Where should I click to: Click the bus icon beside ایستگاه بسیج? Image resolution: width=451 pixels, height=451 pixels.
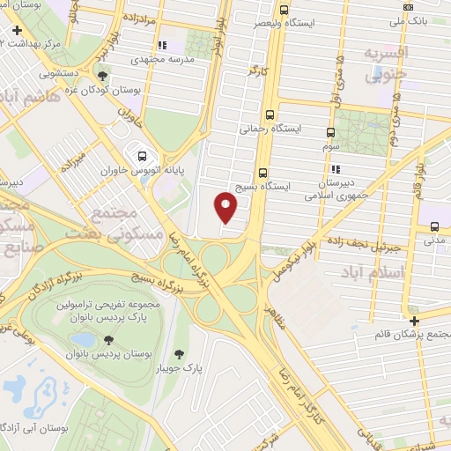[x=262, y=173]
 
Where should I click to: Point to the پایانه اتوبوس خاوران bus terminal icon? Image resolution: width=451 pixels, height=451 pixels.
[x=142, y=158]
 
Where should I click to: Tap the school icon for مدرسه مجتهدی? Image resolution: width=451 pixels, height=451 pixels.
[x=161, y=44]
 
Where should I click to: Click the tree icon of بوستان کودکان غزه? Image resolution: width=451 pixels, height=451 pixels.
[x=105, y=77]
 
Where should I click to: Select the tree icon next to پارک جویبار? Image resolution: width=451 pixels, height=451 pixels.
[x=180, y=354]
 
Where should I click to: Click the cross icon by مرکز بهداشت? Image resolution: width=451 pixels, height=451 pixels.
[x=16, y=30]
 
